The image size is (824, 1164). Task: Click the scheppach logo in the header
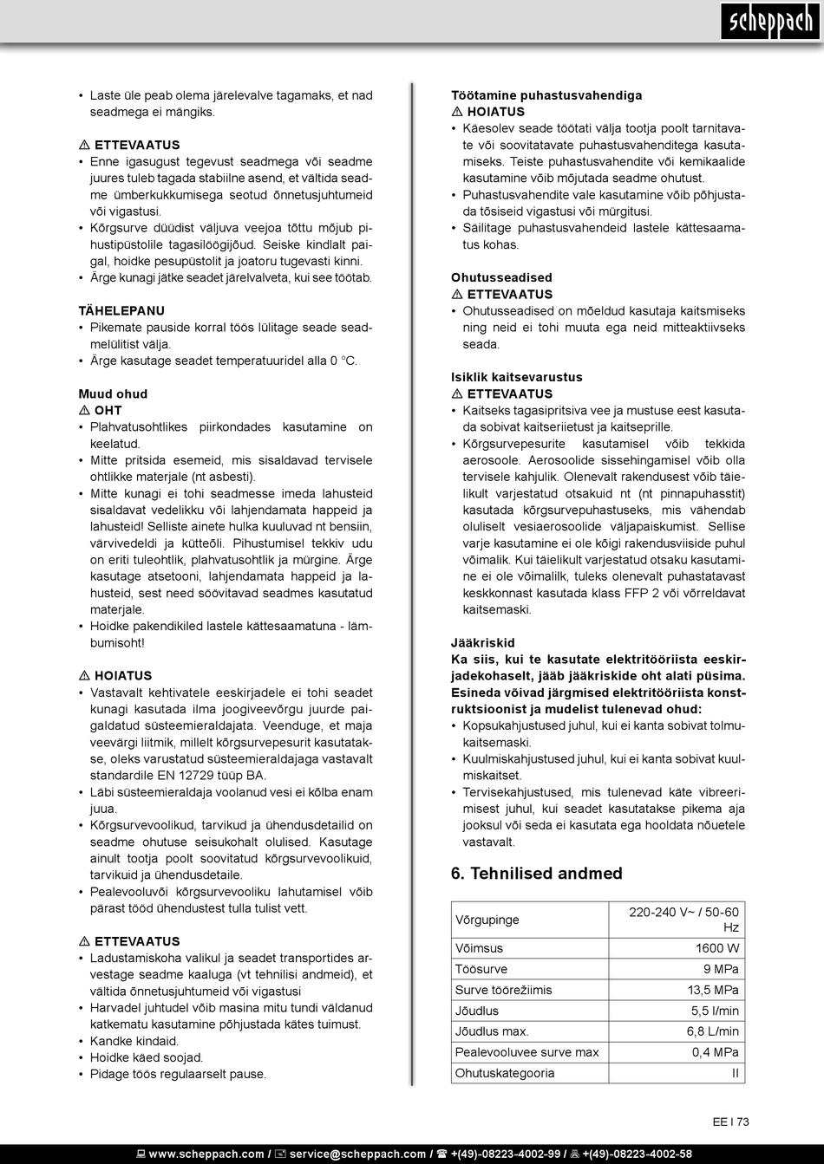coord(768,22)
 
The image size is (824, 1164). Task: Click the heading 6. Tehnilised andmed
coord(536,874)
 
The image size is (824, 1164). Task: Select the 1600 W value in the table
coord(717,948)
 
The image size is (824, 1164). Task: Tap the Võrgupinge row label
coord(487,920)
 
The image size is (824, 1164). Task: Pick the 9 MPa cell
coord(721,969)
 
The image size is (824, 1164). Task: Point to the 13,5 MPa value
coord(713,990)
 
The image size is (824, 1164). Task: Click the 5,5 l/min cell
coord(715,1011)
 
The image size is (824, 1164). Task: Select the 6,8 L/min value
coord(713,1031)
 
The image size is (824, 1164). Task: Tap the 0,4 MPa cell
coord(716,1052)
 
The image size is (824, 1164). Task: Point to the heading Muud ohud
coord(113,393)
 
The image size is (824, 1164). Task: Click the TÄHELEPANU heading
coord(121,310)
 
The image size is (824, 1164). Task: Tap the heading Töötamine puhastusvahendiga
coord(546,95)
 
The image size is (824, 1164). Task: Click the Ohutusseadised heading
coord(501,277)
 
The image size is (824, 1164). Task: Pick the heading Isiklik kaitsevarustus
coord(517,377)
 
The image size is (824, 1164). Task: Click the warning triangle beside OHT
coord(84,411)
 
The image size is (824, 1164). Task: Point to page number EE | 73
coord(730,1122)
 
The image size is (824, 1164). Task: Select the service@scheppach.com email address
coord(357,1154)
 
